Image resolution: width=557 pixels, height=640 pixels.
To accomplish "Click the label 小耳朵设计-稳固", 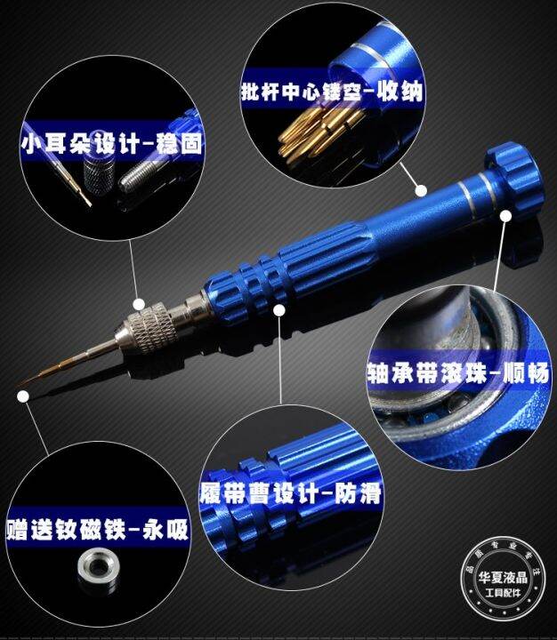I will click(110, 142).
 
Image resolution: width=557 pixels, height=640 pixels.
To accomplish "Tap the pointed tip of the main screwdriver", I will click(20, 389).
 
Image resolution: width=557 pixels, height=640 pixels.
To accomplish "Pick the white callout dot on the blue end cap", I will click(506, 214).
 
